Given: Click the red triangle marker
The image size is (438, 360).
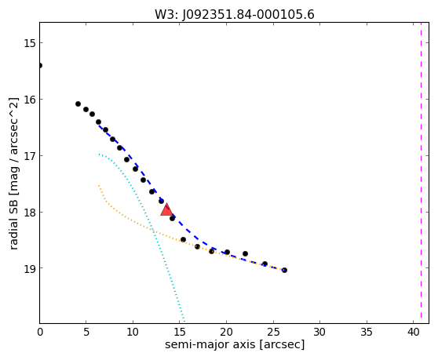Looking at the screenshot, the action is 166,210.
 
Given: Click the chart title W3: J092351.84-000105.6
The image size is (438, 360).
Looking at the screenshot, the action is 235,15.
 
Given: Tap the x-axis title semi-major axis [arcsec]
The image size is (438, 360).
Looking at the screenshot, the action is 235,344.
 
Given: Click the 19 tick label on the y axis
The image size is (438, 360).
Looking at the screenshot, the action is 29,268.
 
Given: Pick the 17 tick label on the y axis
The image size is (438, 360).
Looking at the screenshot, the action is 29,155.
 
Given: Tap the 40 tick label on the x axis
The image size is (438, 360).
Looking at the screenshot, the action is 413,332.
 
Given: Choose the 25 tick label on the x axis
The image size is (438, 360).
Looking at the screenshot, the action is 273,332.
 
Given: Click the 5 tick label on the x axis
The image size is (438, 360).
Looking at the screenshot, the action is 86,332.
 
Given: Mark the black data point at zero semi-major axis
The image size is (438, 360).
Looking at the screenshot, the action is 40,66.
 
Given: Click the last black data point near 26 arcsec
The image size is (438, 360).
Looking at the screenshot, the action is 284,270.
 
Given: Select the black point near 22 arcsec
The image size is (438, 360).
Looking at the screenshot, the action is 245,253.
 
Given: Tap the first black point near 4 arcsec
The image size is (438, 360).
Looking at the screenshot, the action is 78,104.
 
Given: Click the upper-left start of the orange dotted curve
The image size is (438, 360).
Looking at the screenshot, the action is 99,185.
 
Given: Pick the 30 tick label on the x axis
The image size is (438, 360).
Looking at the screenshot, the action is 319,332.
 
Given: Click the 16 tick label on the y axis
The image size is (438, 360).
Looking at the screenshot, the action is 29,99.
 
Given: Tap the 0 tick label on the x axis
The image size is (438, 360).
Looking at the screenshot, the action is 40,332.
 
